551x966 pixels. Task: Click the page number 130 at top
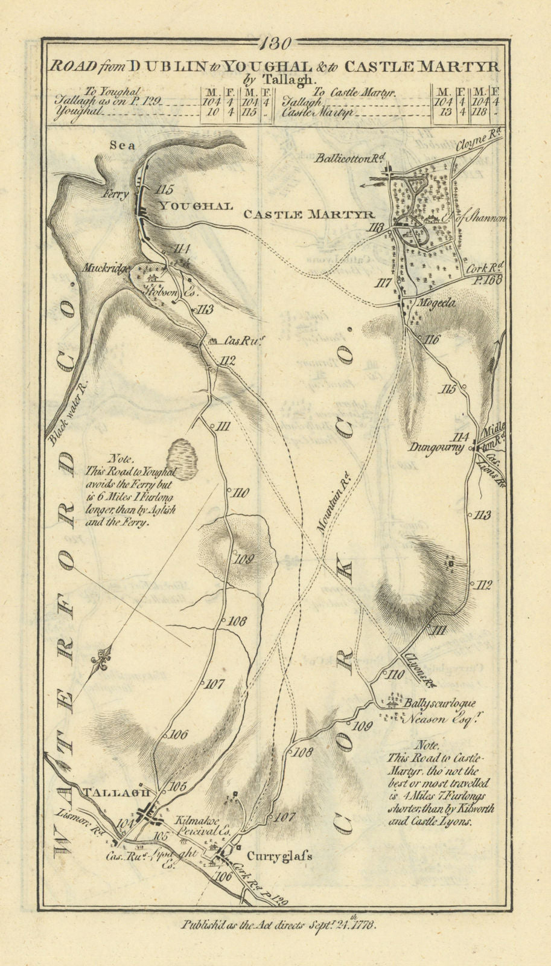[276, 43]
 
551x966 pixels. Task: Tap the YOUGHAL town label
[195, 206]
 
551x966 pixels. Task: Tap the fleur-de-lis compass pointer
[100, 663]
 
